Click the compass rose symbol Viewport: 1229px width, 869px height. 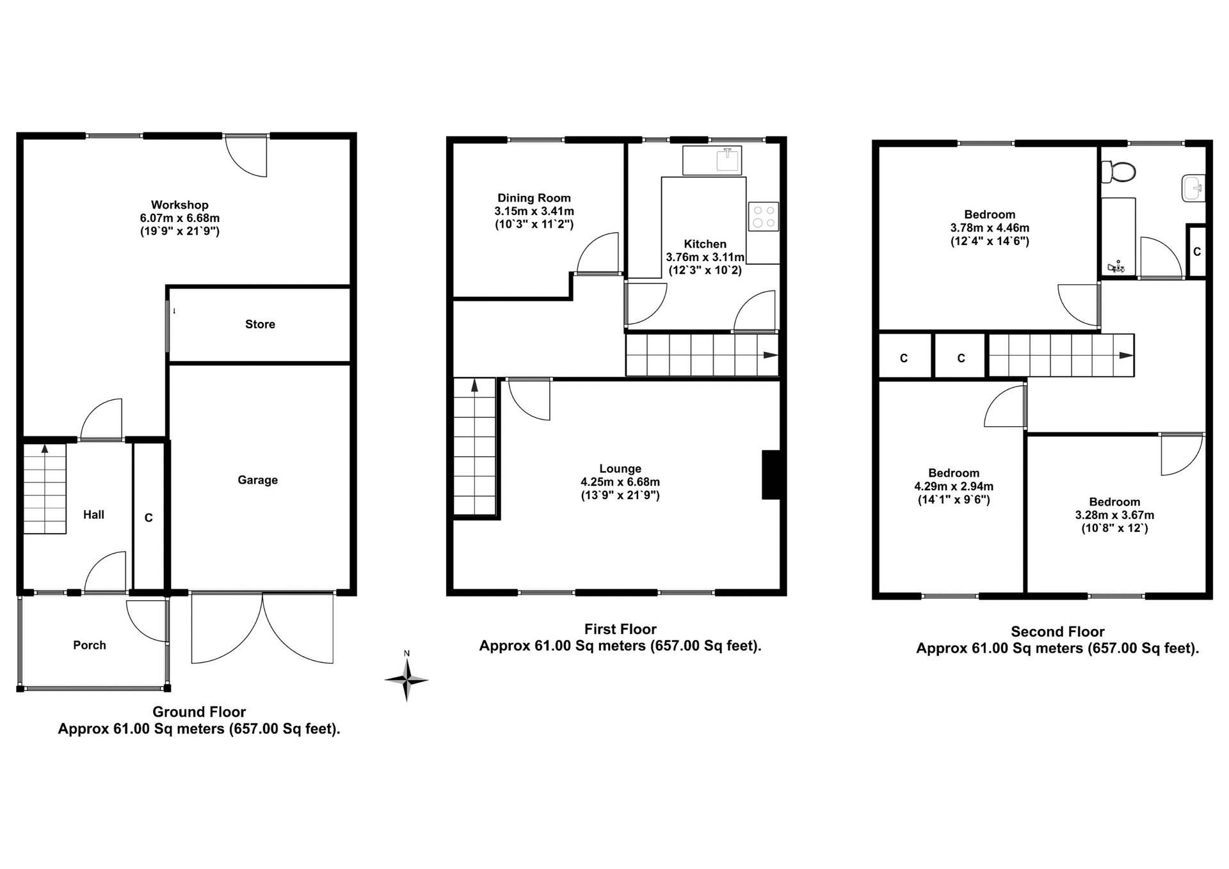[406, 680]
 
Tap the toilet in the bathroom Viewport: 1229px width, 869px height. [1120, 171]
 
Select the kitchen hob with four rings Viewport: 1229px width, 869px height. [763, 216]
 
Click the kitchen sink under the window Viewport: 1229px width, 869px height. [728, 159]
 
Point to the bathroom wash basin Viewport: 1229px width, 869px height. [1194, 188]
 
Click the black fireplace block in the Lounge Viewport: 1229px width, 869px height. [771, 475]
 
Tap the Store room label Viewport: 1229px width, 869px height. [260, 324]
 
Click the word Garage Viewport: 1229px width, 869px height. [257, 480]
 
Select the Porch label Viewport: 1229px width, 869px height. [90, 645]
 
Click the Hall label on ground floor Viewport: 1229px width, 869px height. [93, 514]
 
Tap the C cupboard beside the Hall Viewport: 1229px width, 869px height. [149, 518]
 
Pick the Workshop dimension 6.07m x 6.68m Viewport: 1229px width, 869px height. [179, 218]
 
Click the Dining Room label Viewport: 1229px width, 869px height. [534, 198]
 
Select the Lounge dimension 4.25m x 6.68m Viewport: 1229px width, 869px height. [620, 482]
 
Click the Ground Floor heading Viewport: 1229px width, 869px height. [199, 712]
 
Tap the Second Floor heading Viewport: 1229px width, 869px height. [1057, 632]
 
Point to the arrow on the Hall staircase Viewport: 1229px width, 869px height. [45, 449]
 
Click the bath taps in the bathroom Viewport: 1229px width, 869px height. [1116, 267]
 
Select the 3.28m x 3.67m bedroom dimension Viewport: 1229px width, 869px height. [1114, 515]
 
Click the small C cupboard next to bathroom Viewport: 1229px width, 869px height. [1197, 252]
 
